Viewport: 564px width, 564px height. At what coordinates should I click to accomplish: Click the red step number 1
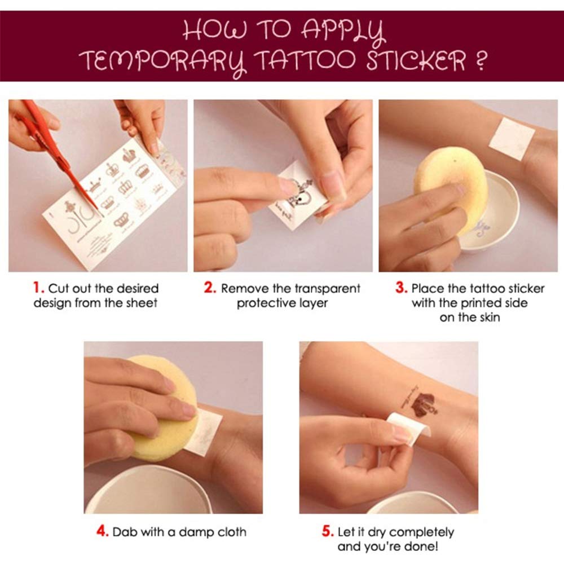(38, 288)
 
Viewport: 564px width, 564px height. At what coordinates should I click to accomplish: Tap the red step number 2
(210, 288)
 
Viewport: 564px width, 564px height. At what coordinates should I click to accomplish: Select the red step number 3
(401, 288)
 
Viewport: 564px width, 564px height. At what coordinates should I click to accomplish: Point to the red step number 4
(103, 531)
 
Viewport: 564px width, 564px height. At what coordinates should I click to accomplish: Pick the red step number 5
(328, 531)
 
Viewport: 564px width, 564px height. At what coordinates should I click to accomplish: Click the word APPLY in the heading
(343, 30)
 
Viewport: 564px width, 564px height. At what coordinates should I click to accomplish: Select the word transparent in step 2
(327, 288)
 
